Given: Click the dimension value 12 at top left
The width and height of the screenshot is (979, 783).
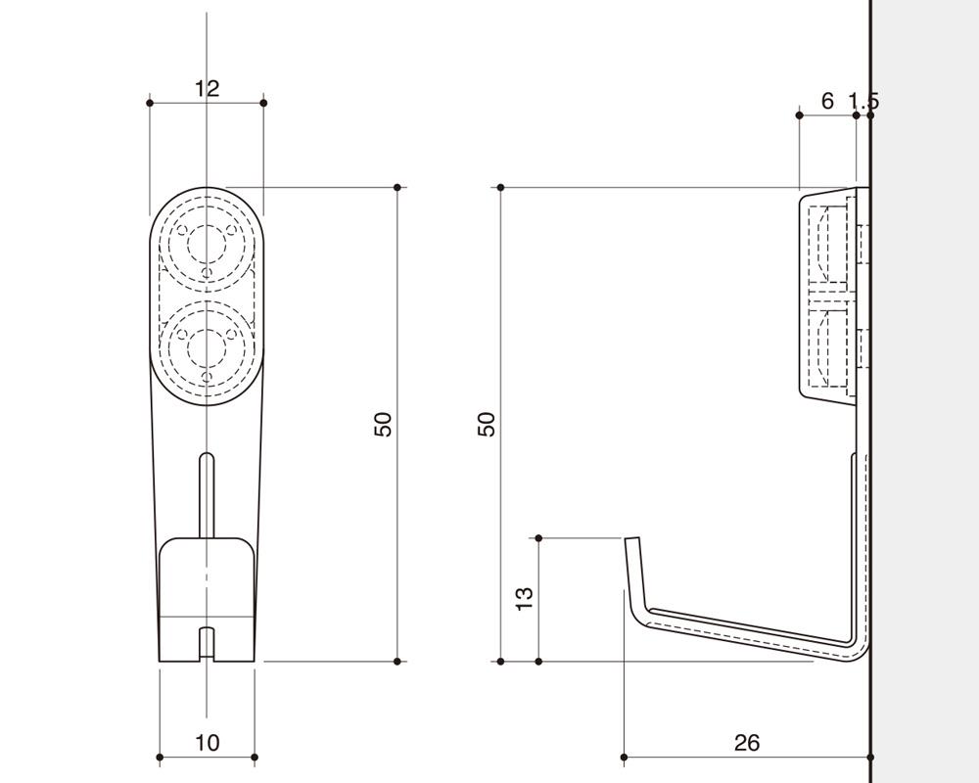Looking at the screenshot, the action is tap(207, 88).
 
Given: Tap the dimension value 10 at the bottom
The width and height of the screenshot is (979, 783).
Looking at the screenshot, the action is tap(208, 743).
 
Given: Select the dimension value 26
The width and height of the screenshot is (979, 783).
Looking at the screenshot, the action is tap(747, 743).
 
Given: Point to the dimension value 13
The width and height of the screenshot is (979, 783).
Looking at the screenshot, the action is tap(525, 599).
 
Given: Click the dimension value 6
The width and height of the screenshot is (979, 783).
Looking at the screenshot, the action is tap(827, 101).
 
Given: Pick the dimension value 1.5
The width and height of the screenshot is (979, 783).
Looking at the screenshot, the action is tap(863, 101).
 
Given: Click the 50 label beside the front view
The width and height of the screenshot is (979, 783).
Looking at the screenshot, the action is tap(383, 425).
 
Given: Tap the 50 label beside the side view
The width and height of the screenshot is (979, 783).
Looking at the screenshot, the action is tap(487, 425).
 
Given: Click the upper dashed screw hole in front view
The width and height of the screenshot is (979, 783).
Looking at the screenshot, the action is tap(207, 244).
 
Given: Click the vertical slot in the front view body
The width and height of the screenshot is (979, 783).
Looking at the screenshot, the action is tap(207, 495).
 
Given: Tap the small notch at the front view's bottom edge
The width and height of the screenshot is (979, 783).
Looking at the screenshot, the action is tap(207, 643).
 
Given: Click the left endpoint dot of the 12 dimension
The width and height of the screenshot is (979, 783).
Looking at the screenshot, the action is tap(149, 103).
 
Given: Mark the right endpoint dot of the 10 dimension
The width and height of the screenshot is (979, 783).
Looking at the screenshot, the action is tap(255, 758).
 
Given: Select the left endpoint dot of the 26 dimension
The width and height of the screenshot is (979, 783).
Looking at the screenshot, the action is tap(624, 758).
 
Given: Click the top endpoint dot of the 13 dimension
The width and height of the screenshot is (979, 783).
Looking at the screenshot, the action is tap(538, 537).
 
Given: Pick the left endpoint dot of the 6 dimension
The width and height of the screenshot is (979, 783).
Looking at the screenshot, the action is tap(799, 115).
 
